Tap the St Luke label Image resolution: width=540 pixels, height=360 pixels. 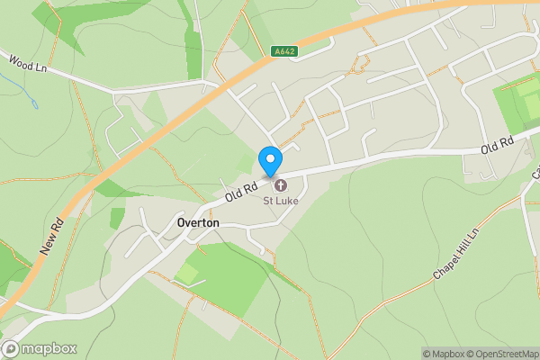point(280,201)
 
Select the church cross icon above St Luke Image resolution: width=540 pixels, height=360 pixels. point(280,185)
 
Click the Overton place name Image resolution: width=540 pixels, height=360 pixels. point(198,223)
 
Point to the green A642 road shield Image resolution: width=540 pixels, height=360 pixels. point(284,52)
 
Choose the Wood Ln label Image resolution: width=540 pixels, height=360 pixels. point(27,64)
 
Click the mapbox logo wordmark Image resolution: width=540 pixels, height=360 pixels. point(49,349)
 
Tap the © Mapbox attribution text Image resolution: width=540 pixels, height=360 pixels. point(444,354)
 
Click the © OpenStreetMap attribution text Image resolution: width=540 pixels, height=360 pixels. point(503,354)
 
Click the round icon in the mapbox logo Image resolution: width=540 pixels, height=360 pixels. point(11,349)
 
